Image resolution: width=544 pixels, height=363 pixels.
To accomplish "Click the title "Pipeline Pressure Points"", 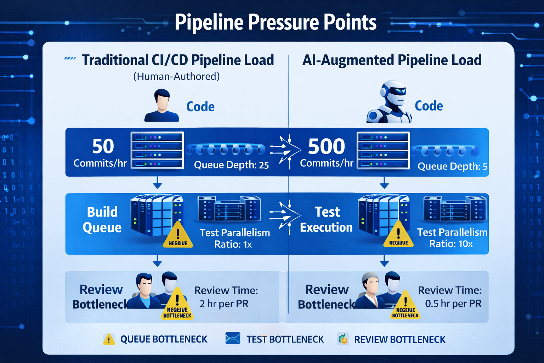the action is point(276,22).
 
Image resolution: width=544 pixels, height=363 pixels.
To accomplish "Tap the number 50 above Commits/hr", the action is point(103,146).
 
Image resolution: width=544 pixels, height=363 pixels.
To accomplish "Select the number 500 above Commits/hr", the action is point(326,146).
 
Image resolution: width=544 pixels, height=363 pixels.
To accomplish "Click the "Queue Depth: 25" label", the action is point(231,165).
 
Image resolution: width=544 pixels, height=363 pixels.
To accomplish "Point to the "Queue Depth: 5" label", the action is point(452,166).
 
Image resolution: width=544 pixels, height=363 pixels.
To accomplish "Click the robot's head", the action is point(393,92).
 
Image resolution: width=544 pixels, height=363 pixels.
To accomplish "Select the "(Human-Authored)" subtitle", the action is point(176,76).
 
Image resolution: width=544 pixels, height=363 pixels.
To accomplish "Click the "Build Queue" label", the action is point(102,219).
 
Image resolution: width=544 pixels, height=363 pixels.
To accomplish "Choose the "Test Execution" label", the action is point(326,219).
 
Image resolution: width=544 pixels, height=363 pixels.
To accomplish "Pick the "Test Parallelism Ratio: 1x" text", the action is point(234,238).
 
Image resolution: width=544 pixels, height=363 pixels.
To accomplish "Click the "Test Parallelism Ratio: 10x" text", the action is point(452,238).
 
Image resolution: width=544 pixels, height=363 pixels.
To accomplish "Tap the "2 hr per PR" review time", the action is point(224,304).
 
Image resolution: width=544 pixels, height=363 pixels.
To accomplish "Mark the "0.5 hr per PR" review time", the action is point(453,304).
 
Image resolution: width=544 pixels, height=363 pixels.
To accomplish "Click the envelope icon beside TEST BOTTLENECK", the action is point(233,339).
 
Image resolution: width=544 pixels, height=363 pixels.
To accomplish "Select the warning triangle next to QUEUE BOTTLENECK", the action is point(109,339).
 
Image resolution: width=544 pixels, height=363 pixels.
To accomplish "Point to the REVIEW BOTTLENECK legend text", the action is point(399,340).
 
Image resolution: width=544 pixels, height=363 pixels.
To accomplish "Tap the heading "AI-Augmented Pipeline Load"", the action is point(392,60).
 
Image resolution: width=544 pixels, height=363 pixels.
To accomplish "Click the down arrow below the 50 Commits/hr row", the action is point(157,184).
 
